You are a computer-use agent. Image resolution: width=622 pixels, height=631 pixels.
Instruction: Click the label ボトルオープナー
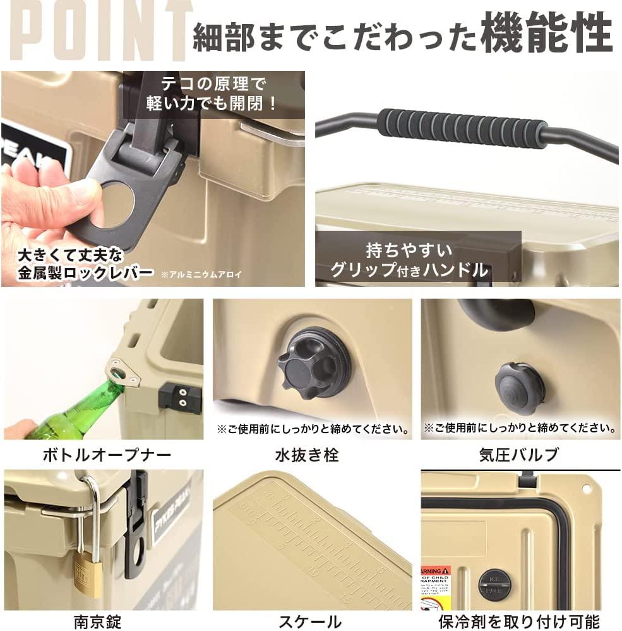[107, 454]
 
